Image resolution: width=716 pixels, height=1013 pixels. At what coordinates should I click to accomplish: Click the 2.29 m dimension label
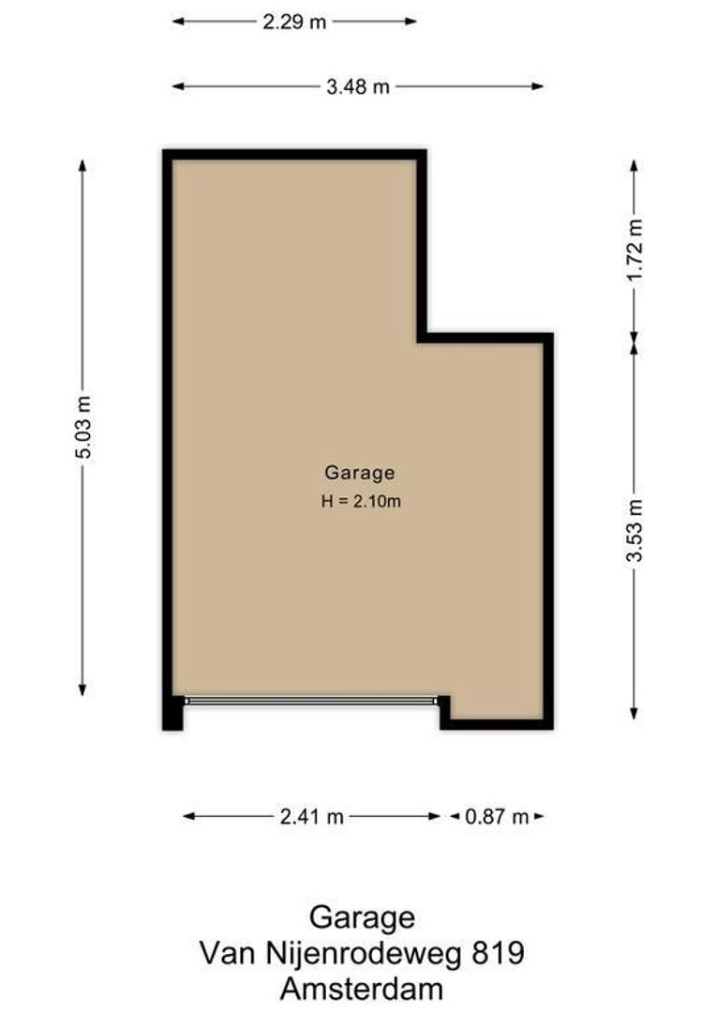tap(294, 22)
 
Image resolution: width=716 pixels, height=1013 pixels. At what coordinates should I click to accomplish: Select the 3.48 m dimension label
tap(357, 87)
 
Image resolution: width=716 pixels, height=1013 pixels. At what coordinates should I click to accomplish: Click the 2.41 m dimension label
tap(311, 817)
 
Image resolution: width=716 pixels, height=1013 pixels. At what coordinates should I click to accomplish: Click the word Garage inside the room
tap(359, 473)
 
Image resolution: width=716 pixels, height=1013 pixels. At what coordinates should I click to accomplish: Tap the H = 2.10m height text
tap(361, 501)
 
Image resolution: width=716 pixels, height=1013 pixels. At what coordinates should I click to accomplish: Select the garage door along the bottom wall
tap(311, 700)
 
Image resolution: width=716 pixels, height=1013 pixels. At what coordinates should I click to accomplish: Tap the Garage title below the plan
tap(362, 916)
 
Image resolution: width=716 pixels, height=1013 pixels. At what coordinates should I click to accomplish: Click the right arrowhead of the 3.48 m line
tap(539, 87)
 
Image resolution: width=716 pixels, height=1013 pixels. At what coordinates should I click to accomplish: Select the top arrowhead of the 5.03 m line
tap(82, 165)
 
